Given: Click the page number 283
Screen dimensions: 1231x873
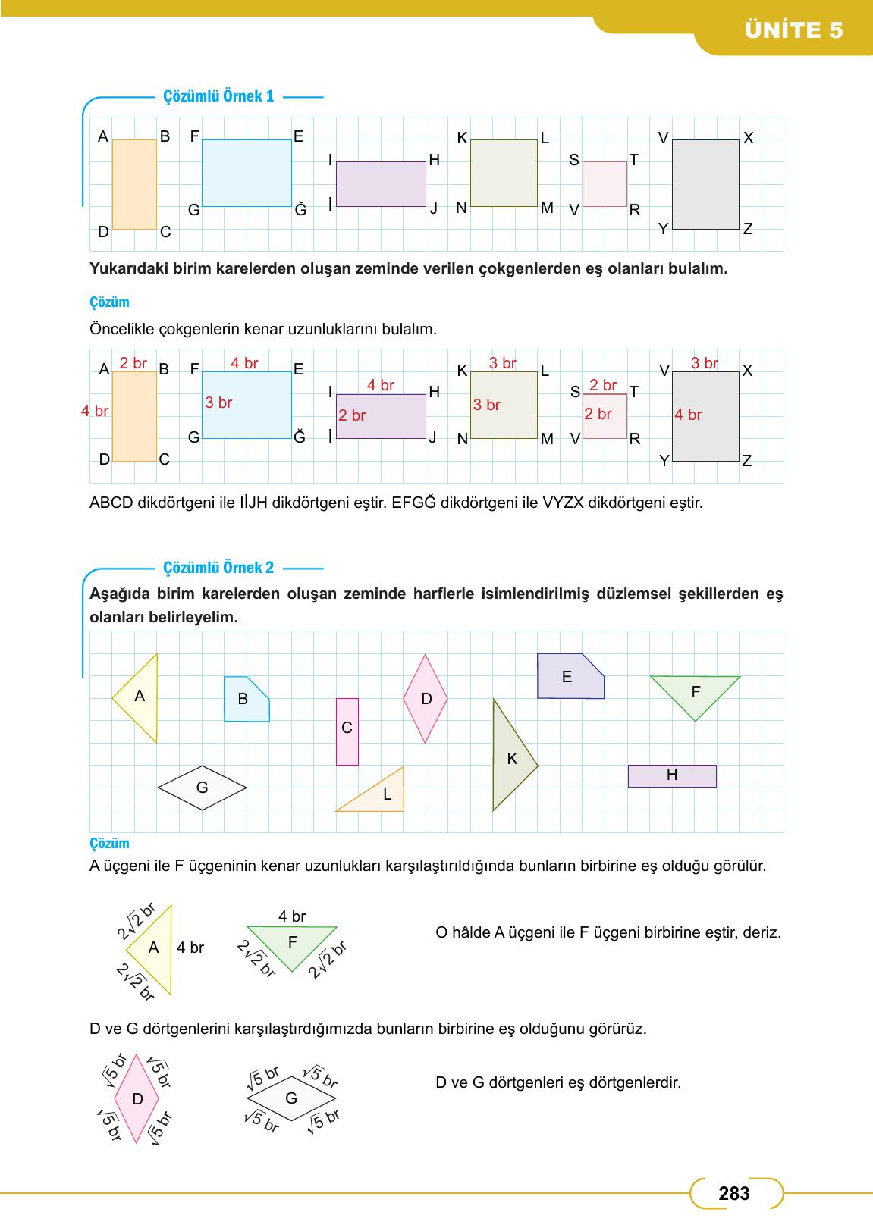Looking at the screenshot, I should [733, 1194].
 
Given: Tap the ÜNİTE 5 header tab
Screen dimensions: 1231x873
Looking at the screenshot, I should [793, 30].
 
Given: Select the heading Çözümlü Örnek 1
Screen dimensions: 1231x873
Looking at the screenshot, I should [219, 96].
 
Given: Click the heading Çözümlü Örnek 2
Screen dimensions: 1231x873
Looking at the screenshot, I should [219, 568].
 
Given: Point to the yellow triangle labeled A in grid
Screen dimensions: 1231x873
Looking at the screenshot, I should [142, 697].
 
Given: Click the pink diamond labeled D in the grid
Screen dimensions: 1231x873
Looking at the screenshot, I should [426, 698].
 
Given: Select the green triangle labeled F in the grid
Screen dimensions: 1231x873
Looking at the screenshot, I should [695, 692].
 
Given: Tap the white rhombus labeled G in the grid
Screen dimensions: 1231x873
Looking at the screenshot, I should [203, 788].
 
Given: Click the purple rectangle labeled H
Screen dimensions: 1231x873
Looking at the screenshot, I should [672, 775].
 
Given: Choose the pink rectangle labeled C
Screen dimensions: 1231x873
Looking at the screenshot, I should [347, 731].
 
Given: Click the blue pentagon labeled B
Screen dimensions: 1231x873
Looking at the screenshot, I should [245, 700].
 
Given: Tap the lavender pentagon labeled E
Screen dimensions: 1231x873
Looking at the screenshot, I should [569, 676].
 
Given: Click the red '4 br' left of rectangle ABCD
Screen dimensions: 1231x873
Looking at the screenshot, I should [96, 411].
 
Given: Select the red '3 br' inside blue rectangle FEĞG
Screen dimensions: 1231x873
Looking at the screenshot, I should [218, 403].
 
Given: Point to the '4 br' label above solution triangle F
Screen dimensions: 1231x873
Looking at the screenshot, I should [292, 916].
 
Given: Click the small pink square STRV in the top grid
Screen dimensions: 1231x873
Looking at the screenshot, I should [605, 183].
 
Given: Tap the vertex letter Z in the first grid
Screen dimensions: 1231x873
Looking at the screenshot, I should [748, 229].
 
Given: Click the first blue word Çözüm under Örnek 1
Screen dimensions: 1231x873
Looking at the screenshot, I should [109, 302].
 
